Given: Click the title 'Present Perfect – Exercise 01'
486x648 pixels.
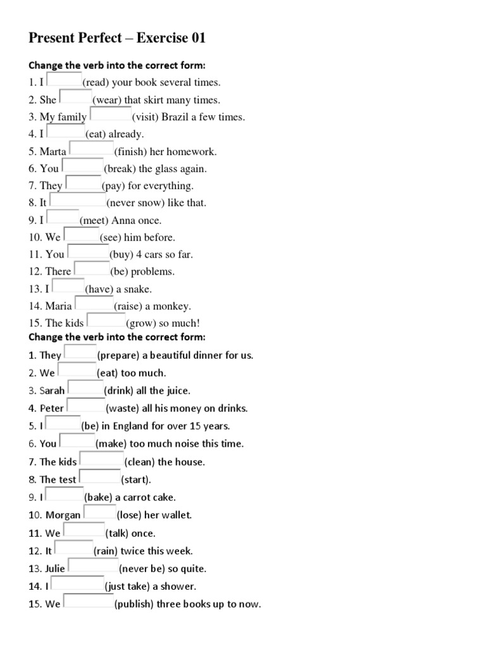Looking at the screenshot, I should (x=117, y=39).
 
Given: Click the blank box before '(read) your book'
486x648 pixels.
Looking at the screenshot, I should (x=64, y=81).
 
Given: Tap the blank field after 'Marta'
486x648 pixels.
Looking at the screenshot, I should (x=90, y=150).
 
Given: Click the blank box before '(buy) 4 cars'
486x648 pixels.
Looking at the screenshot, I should (x=88, y=253).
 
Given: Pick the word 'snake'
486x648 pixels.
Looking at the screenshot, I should (x=139, y=289).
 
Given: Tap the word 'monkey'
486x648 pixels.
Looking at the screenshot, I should (x=174, y=306).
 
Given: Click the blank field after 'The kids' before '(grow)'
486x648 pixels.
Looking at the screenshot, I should (x=106, y=321).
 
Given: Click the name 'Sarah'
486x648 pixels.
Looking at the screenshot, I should (x=53, y=390).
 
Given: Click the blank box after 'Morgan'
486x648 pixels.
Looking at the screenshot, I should (x=100, y=513).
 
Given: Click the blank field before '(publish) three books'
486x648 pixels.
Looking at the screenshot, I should (x=88, y=602).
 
